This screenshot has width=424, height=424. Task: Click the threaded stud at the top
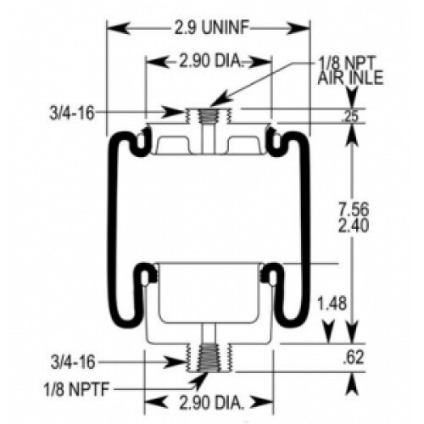[x=207, y=119]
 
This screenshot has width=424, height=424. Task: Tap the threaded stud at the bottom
[x=207, y=356]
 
